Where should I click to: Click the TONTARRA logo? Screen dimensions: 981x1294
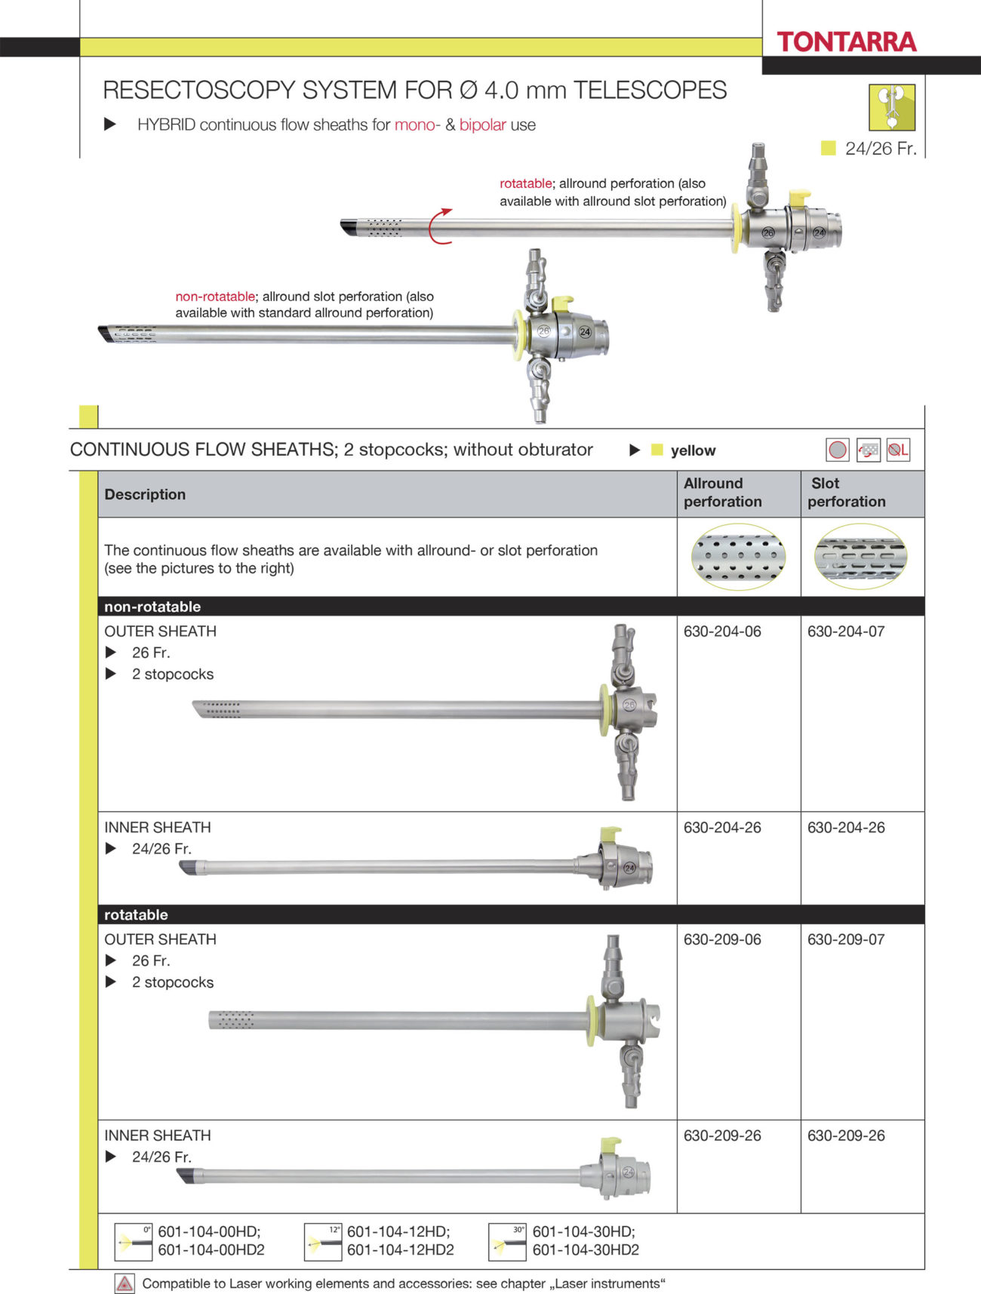tap(846, 42)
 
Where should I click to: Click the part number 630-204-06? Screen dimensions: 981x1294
tap(722, 632)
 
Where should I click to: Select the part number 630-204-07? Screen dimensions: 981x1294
tap(846, 632)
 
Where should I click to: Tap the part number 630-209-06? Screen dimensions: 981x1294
tap(722, 939)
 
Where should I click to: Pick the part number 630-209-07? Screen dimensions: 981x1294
tap(846, 939)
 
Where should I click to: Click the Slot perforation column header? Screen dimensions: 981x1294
tap(846, 493)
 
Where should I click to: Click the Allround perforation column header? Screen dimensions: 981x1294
tap(722, 493)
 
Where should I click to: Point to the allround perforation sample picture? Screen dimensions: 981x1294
tap(738, 558)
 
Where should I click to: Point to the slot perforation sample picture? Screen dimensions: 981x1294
tap(860, 558)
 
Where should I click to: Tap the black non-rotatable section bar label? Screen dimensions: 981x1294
tap(152, 607)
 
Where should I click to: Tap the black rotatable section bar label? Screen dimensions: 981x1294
tap(136, 914)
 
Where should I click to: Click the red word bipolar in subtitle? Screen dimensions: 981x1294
tap(482, 125)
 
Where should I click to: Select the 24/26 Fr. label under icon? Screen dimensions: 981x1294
tap(880, 149)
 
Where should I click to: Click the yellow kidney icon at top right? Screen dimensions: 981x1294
tap(891, 107)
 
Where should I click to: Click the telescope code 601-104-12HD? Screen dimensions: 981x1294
tap(398, 1231)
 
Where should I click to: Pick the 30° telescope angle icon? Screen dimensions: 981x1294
tap(507, 1241)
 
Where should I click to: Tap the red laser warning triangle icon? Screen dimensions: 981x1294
tap(125, 1283)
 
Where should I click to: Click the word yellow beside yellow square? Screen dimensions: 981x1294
tap(693, 450)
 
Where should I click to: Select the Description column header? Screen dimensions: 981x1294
tap(145, 494)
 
